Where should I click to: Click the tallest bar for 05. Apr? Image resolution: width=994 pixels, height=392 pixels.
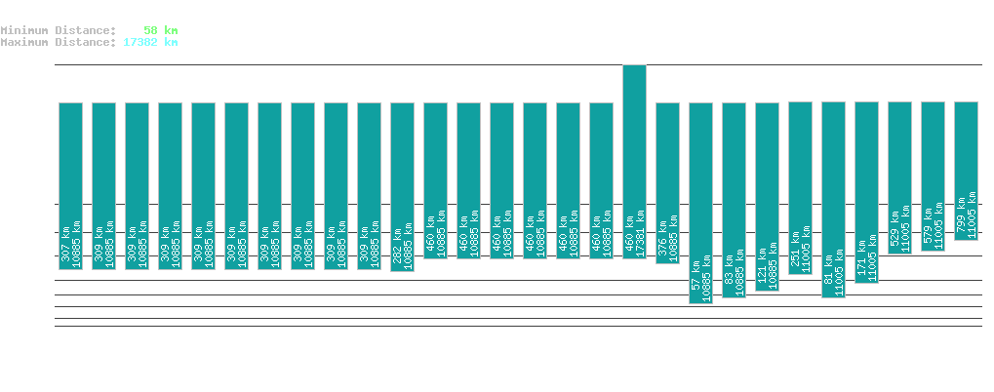634,161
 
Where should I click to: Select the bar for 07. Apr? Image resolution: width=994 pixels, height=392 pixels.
700,203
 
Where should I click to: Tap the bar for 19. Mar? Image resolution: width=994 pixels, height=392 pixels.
70,185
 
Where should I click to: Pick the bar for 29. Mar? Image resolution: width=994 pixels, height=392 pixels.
402,186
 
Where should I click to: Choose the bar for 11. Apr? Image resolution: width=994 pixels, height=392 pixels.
833,199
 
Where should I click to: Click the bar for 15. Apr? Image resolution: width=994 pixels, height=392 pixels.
966,171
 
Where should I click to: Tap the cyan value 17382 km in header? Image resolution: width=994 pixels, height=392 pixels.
150,42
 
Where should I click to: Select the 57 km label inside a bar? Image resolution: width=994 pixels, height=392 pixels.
696,280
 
